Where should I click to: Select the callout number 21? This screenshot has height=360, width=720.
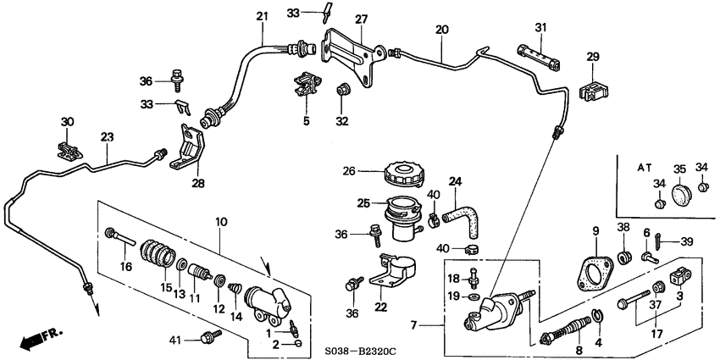coord(261,16)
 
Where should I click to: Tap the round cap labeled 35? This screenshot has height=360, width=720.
coord(682,197)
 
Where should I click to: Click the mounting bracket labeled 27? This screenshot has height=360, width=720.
coord(353,57)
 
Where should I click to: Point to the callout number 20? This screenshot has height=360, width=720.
coord(441,29)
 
